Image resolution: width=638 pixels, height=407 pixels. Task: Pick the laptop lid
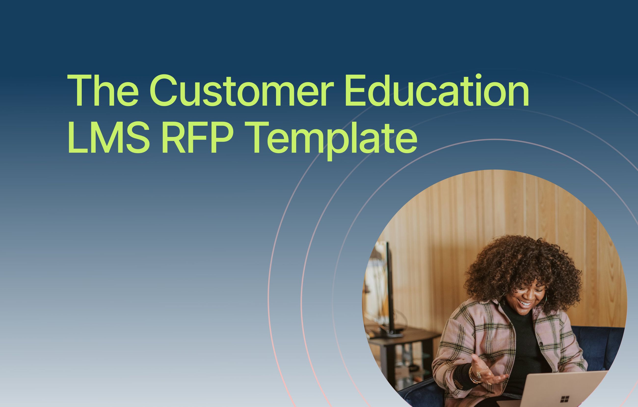coord(564,390)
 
